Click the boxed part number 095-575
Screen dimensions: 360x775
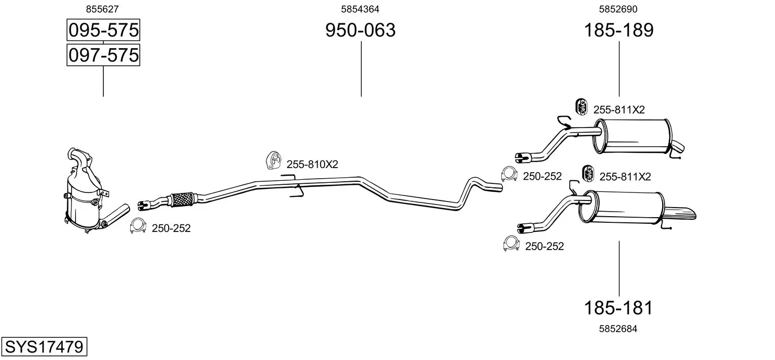click(x=103, y=30)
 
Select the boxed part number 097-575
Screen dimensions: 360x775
click(x=103, y=55)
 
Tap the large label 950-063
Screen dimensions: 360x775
click(x=360, y=30)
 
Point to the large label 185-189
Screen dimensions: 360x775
click(x=618, y=30)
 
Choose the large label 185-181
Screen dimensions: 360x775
click(x=618, y=307)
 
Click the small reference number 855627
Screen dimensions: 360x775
click(x=103, y=9)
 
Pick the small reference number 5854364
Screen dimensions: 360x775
click(x=360, y=9)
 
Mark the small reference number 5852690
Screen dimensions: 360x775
click(x=618, y=9)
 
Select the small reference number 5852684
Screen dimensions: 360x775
click(x=618, y=329)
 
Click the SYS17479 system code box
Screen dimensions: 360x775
click(x=44, y=347)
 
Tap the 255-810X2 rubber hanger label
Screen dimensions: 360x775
click(x=312, y=164)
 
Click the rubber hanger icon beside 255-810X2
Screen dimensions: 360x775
click(x=274, y=160)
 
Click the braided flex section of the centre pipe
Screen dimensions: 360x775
click(x=183, y=198)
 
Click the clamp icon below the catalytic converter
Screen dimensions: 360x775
click(x=138, y=226)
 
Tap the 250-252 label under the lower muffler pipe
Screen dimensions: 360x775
click(x=545, y=246)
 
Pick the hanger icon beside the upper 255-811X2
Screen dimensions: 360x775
click(x=581, y=107)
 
